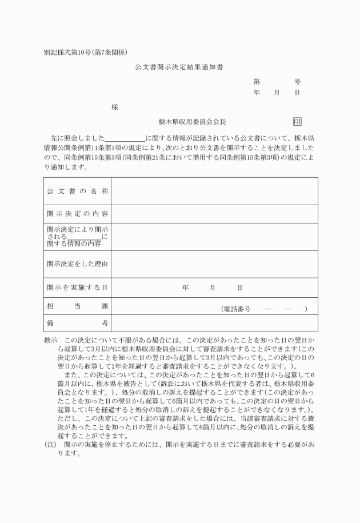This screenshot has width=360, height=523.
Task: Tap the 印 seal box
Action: coord(297,122)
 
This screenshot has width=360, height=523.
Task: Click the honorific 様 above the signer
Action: coord(115,107)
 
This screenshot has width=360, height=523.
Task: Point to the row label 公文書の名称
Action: coord(78,191)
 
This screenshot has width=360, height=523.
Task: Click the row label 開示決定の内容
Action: coord(78,214)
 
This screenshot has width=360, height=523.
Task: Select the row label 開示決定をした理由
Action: coord(78,264)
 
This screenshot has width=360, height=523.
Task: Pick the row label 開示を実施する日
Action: coord(78,287)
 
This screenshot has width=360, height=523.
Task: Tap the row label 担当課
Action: coord(78,307)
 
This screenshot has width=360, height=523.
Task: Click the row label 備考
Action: coord(78,324)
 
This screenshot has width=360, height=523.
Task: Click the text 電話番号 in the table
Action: coord(236,309)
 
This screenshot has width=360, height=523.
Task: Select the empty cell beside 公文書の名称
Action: coord(214,191)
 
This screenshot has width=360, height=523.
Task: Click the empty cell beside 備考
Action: coord(214,324)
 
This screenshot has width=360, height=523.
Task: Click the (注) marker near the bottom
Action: coord(51,444)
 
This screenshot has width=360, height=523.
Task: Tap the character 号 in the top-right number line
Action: coord(297,82)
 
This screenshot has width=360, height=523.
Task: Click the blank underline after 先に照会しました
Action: coord(125,139)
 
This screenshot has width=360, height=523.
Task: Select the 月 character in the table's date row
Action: coord(212,288)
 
